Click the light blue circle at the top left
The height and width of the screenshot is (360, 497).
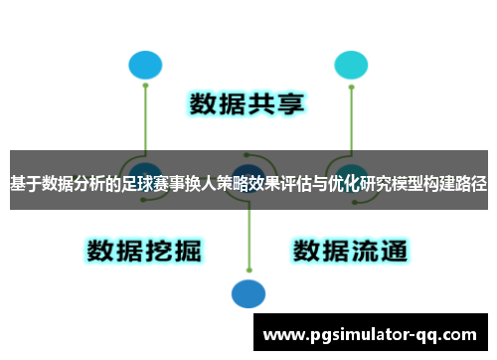point(145,66)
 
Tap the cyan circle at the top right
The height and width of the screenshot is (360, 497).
point(350,66)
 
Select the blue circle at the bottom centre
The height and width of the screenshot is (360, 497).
point(248,293)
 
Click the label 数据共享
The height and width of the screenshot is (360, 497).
point(248,105)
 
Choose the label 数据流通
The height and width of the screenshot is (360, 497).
point(350,250)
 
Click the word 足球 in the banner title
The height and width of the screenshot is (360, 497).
point(155,185)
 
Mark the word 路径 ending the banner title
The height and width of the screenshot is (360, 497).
point(472,185)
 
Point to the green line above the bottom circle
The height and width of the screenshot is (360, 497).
point(248,244)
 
